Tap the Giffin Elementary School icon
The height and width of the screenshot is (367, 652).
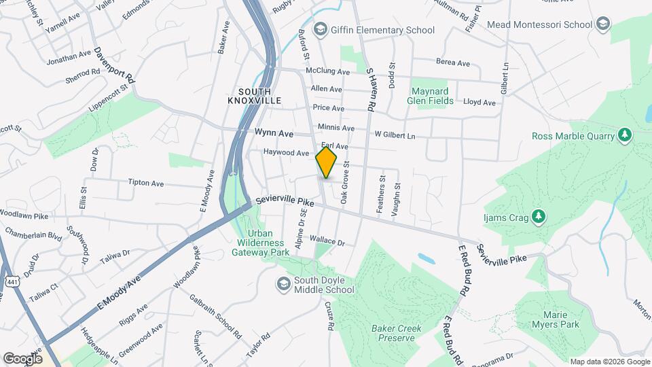(319, 30)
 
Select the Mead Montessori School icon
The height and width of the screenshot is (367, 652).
(602, 25)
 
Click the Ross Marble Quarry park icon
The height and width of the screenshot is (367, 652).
(625, 135)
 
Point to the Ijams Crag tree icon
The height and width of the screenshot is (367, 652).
(539, 216)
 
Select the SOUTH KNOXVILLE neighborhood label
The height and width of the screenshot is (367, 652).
(254, 95)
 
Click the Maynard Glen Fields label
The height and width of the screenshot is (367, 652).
(431, 94)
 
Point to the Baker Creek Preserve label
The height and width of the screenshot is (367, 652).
(397, 333)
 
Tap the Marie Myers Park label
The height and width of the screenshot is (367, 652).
(560, 319)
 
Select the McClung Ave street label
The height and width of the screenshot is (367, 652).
(327, 71)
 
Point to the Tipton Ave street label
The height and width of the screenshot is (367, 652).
(146, 183)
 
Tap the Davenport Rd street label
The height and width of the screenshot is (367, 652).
(115, 65)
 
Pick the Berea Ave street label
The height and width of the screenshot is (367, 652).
(453, 63)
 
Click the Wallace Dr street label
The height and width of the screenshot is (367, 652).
(327, 241)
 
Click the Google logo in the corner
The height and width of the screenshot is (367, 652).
(22, 358)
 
